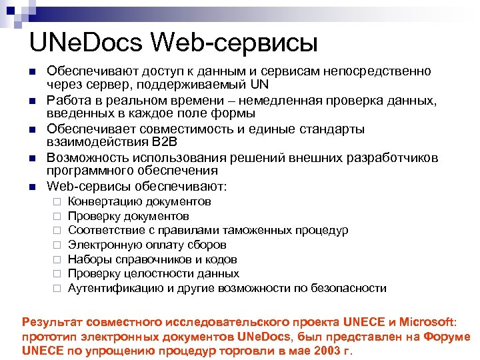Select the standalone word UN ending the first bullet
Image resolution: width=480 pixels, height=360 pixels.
(x=261, y=85)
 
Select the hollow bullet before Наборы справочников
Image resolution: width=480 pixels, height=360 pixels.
(x=57, y=260)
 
